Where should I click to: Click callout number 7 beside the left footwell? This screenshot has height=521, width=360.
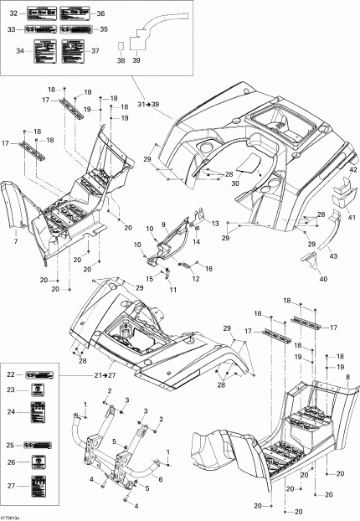coord(15,242)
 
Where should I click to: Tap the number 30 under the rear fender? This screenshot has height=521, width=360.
coord(234,183)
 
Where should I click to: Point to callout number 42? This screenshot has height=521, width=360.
coord(342,170)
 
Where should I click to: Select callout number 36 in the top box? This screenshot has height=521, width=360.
coord(100,14)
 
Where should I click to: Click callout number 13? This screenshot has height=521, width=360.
coord(214,224)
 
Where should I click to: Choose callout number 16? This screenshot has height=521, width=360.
coord(208,268)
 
